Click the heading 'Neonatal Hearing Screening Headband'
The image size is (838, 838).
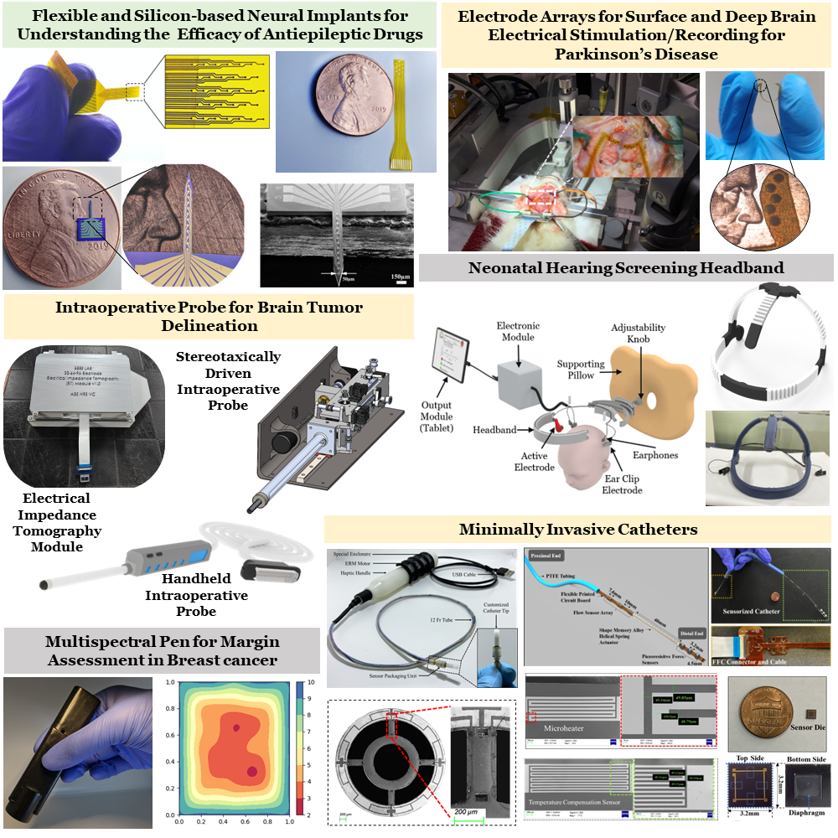(x=625, y=268)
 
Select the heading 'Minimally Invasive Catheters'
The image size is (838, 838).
(x=578, y=529)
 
